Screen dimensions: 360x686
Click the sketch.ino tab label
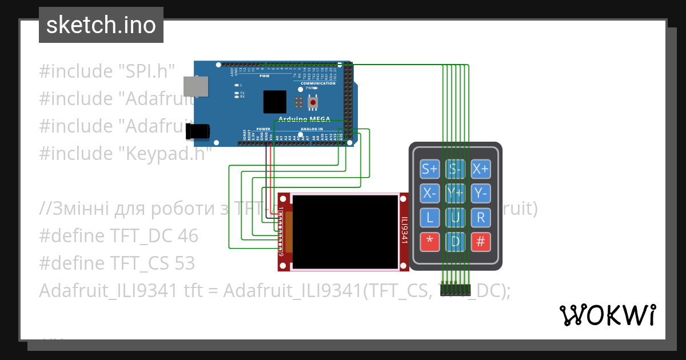point(101,25)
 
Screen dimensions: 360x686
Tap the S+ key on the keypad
point(429,169)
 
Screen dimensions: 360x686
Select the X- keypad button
point(429,193)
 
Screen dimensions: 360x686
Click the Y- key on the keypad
point(481,193)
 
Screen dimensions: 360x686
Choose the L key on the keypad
point(429,218)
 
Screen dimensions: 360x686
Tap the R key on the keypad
point(481,218)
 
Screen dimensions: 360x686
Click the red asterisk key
point(429,242)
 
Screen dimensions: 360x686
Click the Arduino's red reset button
point(313,103)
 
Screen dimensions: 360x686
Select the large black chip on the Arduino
point(275,102)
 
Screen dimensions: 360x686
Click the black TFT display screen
point(345,231)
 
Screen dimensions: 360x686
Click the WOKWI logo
point(607,315)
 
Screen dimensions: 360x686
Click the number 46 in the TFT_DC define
point(188,236)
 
